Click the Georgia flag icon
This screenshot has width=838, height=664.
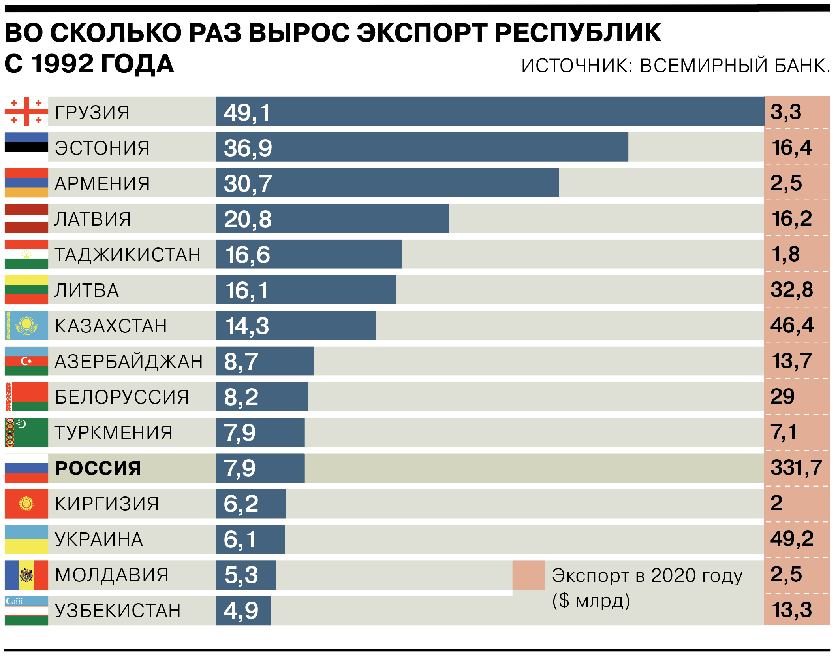(26, 111)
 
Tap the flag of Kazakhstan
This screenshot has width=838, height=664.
(26, 325)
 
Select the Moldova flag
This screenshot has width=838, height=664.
(26, 575)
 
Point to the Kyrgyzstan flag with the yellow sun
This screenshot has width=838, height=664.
(26, 504)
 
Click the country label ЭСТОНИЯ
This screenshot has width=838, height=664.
(102, 148)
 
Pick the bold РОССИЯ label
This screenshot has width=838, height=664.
(98, 468)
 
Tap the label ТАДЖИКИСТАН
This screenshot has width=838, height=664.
(128, 255)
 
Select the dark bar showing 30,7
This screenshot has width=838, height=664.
(387, 183)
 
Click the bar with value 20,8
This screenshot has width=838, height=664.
(332, 219)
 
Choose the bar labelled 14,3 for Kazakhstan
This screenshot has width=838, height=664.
(296, 325)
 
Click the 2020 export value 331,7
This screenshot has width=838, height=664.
(796, 468)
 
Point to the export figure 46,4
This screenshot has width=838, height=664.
(792, 325)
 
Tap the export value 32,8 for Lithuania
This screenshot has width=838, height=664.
(791, 290)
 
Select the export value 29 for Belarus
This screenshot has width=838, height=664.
(782, 396)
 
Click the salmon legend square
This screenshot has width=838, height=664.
(528, 575)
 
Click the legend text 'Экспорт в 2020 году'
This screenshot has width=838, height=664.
(647, 575)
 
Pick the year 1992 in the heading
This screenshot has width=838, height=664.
(63, 64)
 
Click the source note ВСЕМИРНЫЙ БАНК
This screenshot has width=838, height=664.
(735, 66)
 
